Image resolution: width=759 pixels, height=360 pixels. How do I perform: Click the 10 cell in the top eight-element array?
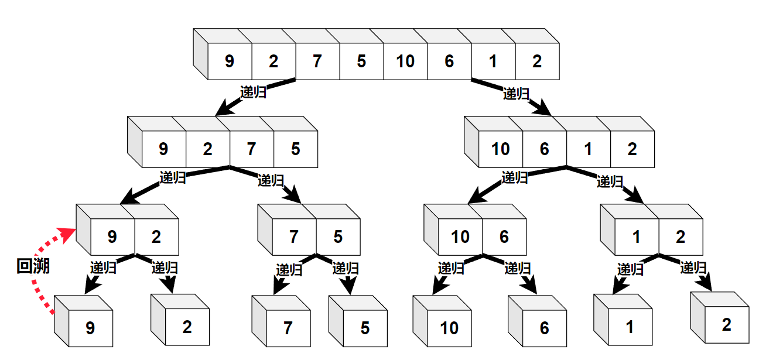(405, 61)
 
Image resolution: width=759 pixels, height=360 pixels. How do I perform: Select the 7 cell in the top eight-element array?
(317, 61)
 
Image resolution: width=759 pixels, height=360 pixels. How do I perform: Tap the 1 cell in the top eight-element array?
(493, 61)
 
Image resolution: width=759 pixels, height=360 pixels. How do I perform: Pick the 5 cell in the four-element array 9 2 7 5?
(295, 149)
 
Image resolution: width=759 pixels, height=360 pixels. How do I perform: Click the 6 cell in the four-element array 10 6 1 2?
(545, 149)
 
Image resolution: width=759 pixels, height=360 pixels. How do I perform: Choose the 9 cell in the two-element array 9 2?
(112, 236)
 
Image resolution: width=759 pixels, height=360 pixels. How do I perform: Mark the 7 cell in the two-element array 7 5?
(294, 236)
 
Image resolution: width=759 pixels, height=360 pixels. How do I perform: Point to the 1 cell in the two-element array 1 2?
(637, 236)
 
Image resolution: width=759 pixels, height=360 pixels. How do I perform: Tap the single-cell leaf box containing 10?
(449, 328)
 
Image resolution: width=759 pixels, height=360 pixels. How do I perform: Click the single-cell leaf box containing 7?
(288, 328)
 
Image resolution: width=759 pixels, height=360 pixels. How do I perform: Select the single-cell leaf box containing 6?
(544, 328)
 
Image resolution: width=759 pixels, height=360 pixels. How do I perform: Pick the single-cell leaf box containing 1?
(630, 327)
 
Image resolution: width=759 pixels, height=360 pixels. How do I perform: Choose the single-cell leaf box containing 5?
(365, 328)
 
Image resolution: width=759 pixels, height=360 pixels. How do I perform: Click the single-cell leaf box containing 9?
(90, 328)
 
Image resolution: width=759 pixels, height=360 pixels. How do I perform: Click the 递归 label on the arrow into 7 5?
(271, 180)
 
